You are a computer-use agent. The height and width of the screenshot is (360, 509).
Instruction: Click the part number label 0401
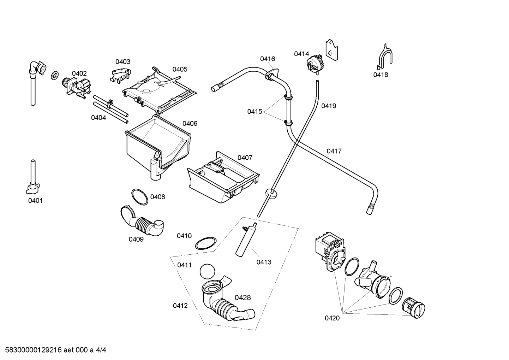coord(35,201)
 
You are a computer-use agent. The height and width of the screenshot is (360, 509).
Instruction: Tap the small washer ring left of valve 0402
coord(55,75)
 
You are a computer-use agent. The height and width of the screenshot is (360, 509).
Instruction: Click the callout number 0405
coord(180,69)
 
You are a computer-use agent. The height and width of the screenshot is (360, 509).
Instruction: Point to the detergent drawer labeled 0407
coord(223,178)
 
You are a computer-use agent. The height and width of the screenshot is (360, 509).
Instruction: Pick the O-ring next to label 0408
coord(139,196)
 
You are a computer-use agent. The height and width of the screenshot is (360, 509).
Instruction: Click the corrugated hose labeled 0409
coord(141,222)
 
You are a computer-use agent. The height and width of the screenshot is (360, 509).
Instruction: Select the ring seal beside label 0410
coord(205,244)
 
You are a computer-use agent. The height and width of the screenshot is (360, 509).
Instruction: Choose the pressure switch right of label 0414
coord(315,64)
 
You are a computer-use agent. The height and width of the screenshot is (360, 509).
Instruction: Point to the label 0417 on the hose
coord(334,151)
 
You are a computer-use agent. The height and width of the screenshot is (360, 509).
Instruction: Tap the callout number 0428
coord(243,297)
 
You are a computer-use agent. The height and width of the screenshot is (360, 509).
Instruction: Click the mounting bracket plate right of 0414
coord(331,50)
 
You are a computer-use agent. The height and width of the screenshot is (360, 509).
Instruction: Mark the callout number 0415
coord(254,112)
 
